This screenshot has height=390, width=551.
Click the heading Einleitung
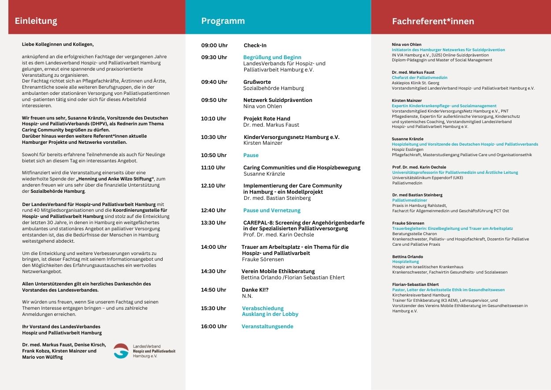[x=36, y=21]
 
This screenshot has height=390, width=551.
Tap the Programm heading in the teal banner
[x=223, y=21]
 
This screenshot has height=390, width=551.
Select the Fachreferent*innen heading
[x=433, y=21]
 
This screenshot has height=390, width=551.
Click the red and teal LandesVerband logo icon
[x=121, y=351]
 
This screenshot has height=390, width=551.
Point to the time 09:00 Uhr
[x=215, y=45]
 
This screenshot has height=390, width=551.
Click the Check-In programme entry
[x=255, y=45]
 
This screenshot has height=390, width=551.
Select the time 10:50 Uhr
[x=214, y=155]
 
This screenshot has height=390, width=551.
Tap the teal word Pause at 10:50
[x=251, y=155]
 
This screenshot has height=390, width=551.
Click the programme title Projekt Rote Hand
[x=267, y=119]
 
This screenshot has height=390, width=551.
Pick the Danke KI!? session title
[x=255, y=290]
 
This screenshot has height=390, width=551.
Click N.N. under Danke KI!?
[x=247, y=296]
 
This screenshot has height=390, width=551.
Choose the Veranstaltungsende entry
[x=267, y=326]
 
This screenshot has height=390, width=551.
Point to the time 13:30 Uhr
[x=213, y=223]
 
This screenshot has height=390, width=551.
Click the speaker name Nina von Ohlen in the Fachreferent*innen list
[x=406, y=45]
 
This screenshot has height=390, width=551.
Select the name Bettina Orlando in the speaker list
[x=407, y=256]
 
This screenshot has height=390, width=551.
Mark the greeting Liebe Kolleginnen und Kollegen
[x=58, y=44]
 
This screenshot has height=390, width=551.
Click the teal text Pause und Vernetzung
[x=272, y=210]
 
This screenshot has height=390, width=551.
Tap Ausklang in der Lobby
[x=270, y=314]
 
